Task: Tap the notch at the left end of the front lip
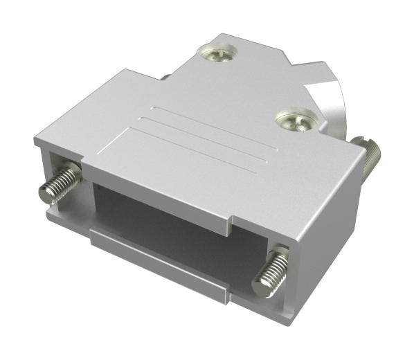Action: coord(86,169)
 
